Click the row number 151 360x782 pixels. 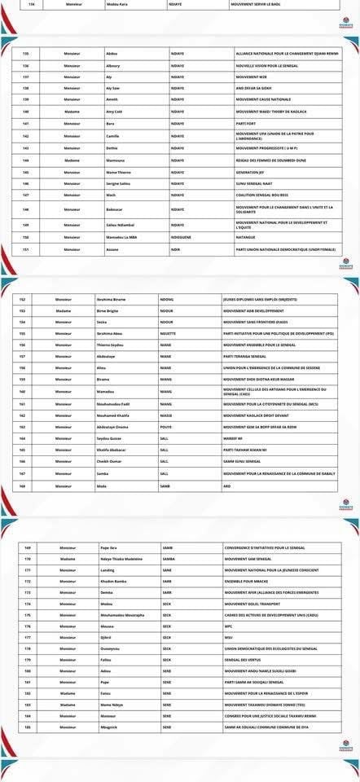26,250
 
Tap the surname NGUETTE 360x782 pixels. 166,333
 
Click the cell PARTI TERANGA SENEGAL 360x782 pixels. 248,356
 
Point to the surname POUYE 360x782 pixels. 165,427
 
